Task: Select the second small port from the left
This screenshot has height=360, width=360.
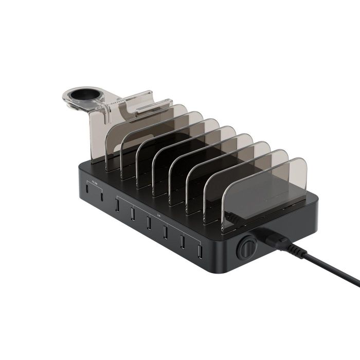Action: pos(102,196)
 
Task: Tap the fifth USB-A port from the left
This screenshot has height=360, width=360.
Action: pos(182,242)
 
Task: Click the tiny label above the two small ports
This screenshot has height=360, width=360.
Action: pos(94,181)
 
